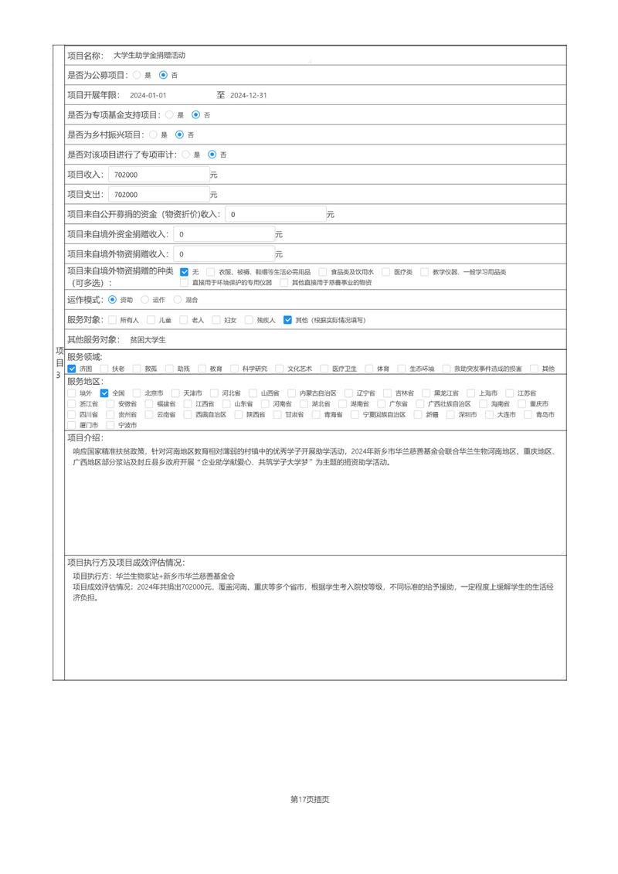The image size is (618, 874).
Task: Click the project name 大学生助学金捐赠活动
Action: coord(149,56)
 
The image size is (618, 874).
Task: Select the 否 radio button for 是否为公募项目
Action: coord(163,76)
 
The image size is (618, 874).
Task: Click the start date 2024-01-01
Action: coord(148,96)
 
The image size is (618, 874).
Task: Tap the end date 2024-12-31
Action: coord(249,96)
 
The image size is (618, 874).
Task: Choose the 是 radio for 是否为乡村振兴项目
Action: coord(153,135)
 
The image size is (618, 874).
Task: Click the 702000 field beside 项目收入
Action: coord(158,175)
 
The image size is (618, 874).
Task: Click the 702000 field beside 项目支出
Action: coord(158,195)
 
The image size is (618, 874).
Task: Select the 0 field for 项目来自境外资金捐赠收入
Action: coord(224,234)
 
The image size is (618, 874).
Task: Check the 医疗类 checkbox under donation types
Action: coord(386,272)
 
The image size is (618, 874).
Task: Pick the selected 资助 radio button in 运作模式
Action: coord(113,300)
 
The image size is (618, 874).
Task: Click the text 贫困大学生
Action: coord(148,340)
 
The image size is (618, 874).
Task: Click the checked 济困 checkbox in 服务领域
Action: coord(72,369)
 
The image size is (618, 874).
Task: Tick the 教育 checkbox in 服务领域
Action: coord(202,369)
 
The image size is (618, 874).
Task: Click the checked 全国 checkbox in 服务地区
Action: coord(105,393)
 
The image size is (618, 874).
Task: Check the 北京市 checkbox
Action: coord(138,393)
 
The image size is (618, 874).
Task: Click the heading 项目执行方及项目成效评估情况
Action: coord(126,563)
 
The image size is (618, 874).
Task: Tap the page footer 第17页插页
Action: coord(310,800)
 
